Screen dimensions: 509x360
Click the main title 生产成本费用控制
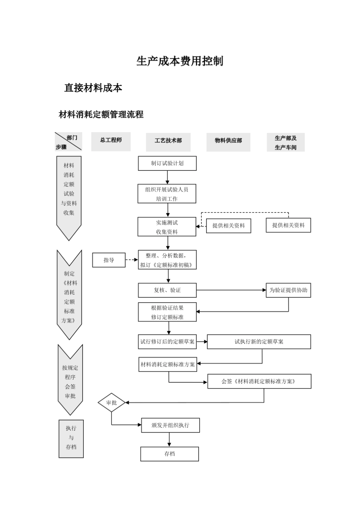coord(180,61)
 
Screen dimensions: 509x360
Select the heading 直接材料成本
coord(93,88)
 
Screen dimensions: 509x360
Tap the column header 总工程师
coord(111,141)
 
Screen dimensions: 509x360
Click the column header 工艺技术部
coord(168,141)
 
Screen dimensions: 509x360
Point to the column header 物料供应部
coord(228,141)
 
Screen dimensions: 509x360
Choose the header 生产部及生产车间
coord(285,143)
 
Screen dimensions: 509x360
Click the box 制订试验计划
coord(167,163)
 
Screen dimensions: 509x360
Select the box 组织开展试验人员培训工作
coord(167,194)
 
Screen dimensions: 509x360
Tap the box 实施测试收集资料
coord(167,227)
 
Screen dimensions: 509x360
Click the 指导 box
coord(109,260)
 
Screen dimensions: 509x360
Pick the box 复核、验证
coord(167,290)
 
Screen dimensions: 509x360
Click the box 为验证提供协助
coord(288,290)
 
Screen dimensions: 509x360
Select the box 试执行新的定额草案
coord(259,342)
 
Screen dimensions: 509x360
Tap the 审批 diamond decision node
coord(111,403)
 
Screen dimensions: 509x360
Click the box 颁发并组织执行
coord(170,425)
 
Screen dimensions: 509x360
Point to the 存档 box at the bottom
coord(169,454)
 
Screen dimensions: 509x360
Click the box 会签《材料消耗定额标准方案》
coord(259,381)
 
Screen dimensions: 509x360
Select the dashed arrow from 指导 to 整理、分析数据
coord(131,260)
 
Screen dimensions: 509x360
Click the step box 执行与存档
coord(71,439)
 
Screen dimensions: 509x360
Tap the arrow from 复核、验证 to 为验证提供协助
coord(231,290)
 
